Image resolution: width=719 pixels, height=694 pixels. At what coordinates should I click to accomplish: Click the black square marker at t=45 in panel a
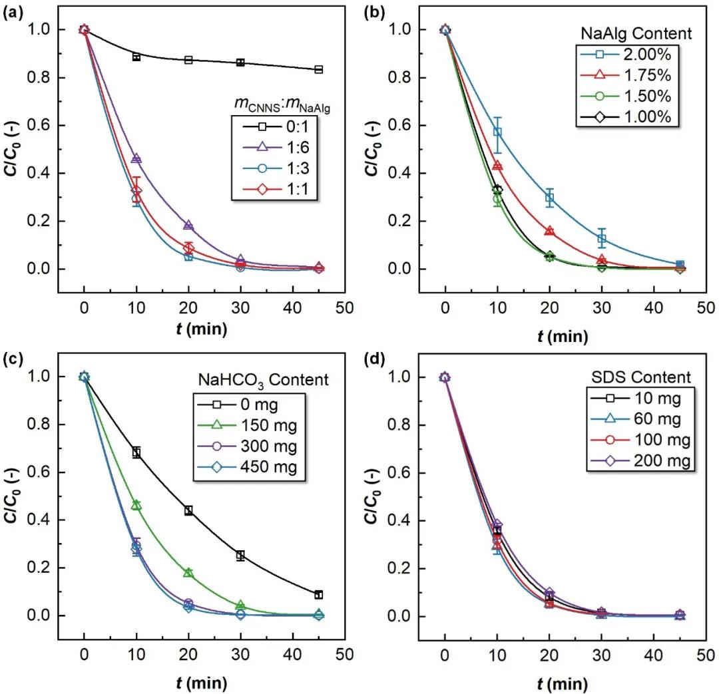pos(319,69)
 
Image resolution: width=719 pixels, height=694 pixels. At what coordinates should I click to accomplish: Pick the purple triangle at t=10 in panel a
pos(136,159)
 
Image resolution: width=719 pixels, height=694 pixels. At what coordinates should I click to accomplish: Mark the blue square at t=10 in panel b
pos(497,132)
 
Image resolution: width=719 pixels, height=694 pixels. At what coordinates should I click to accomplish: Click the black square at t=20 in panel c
pos(188,510)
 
